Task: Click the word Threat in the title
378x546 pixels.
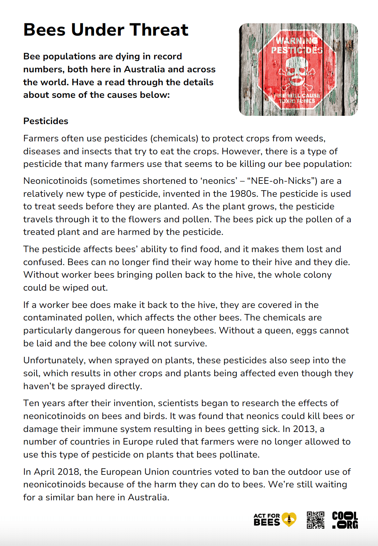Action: point(158,30)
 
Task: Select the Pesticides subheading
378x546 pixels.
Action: point(46,121)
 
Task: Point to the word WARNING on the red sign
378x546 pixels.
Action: point(296,41)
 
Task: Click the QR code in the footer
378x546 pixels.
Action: point(315,520)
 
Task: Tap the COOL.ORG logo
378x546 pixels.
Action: point(345,520)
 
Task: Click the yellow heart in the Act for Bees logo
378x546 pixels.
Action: point(289,519)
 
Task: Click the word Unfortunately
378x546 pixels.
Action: point(54,360)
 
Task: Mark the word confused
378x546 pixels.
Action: point(43,262)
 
